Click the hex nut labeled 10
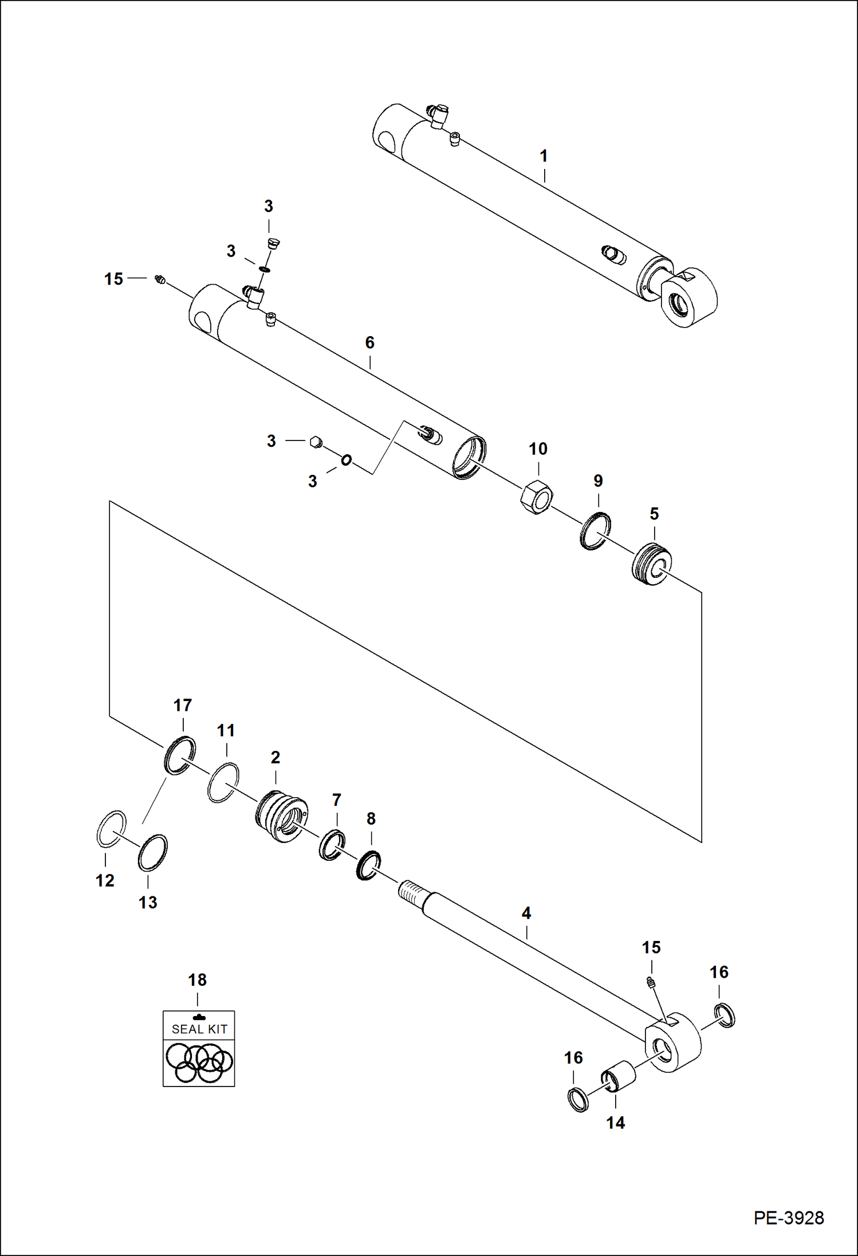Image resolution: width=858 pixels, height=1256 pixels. [537, 497]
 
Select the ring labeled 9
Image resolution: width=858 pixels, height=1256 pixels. [596, 531]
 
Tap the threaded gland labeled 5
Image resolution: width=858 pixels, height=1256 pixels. [652, 564]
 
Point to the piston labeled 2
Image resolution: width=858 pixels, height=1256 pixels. [281, 816]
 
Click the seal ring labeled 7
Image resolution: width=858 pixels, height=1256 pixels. [332, 845]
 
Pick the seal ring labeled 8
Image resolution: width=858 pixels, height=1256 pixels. [368, 865]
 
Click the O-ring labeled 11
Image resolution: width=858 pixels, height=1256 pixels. [223, 782]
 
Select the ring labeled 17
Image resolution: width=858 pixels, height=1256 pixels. [180, 755]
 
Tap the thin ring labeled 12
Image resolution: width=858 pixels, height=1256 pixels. [111, 829]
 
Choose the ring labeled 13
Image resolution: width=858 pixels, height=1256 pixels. [153, 853]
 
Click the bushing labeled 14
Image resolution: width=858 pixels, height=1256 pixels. [619, 1076]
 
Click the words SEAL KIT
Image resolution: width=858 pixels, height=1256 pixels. [199, 1029]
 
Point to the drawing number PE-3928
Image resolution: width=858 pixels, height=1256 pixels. [789, 1218]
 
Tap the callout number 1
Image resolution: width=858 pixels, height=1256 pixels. [544, 156]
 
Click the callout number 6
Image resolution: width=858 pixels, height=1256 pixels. [370, 342]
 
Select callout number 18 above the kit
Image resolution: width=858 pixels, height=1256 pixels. [198, 980]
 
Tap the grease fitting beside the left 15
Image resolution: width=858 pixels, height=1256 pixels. [160, 279]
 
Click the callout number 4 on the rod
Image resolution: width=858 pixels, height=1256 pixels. [526, 913]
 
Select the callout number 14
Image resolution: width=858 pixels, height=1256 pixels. [616, 1123]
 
